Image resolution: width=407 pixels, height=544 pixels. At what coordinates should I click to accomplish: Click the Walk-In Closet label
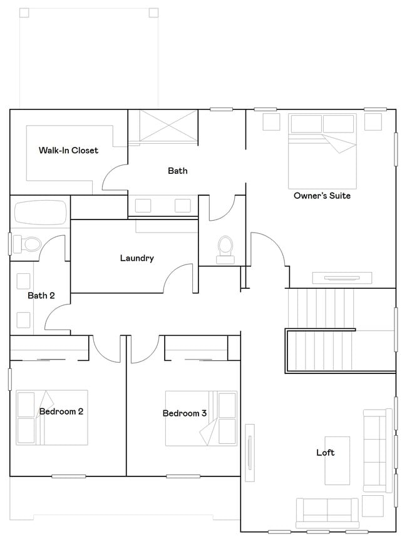pyautogui.click(x=68, y=150)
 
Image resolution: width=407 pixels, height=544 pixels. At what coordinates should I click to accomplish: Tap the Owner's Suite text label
pyautogui.click(x=322, y=196)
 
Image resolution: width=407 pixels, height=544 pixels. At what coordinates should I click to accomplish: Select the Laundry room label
pyautogui.click(x=137, y=258)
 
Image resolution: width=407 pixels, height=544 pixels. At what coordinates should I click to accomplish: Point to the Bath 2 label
pyautogui.click(x=41, y=295)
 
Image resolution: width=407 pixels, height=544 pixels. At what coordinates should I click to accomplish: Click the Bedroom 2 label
pyautogui.click(x=61, y=411)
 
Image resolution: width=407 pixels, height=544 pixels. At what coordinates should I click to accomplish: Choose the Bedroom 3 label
pyautogui.click(x=185, y=413)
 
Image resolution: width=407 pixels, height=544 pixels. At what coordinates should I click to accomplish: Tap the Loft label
pyautogui.click(x=325, y=452)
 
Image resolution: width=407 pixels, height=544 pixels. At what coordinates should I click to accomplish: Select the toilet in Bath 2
pyautogui.click(x=29, y=243)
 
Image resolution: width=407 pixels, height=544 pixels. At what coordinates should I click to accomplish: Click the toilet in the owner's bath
pyautogui.click(x=224, y=248)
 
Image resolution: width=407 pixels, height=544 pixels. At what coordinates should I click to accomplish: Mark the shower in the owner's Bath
pyautogui.click(x=164, y=125)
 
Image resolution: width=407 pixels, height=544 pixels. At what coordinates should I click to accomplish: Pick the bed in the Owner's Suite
pyautogui.click(x=322, y=151)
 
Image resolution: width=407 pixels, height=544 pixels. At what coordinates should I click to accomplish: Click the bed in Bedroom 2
pyautogui.click(x=51, y=417)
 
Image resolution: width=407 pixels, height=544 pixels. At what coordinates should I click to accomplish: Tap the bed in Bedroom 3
pyautogui.click(x=201, y=418)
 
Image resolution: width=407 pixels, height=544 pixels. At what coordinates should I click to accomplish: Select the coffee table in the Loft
pyautogui.click(x=337, y=460)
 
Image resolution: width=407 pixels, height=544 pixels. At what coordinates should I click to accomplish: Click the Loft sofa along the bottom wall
pyautogui.click(x=327, y=513)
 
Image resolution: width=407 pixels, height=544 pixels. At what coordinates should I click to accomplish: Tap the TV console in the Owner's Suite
pyautogui.click(x=343, y=278)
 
